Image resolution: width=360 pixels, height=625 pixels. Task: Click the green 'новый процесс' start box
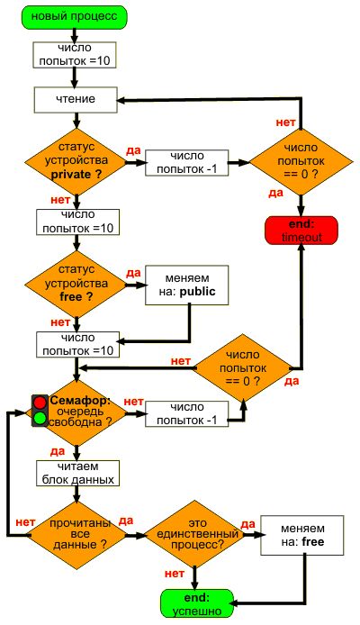point(75,17)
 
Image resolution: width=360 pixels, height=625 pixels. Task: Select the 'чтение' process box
point(76,100)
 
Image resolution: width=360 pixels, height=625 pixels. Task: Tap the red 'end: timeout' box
point(301,231)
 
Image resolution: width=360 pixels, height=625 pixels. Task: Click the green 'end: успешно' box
point(197,603)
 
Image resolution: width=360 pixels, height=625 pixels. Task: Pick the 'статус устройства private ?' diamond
point(76,161)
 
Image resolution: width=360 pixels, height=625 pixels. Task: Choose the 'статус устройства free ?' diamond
point(76,284)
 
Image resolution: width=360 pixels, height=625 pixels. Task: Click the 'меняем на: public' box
point(187,285)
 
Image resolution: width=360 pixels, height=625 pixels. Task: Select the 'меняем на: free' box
point(302,535)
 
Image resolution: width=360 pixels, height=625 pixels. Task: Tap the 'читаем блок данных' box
point(78,474)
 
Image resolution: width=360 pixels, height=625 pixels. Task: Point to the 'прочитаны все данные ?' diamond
point(79,535)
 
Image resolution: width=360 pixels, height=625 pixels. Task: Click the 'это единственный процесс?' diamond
point(196,535)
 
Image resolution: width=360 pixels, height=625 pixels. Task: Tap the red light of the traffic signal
point(40,403)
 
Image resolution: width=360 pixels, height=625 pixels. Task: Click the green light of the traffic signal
point(40,418)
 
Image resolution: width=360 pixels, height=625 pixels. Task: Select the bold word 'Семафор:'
point(80,401)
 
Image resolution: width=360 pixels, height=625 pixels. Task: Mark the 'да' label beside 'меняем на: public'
point(133,273)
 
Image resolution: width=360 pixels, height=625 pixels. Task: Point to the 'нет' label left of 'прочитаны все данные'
point(25,522)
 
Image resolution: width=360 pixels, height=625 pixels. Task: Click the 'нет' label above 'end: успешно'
point(175,573)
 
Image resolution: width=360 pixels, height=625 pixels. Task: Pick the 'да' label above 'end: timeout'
point(275,193)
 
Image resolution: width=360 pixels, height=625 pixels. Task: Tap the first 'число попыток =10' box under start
point(74,54)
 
